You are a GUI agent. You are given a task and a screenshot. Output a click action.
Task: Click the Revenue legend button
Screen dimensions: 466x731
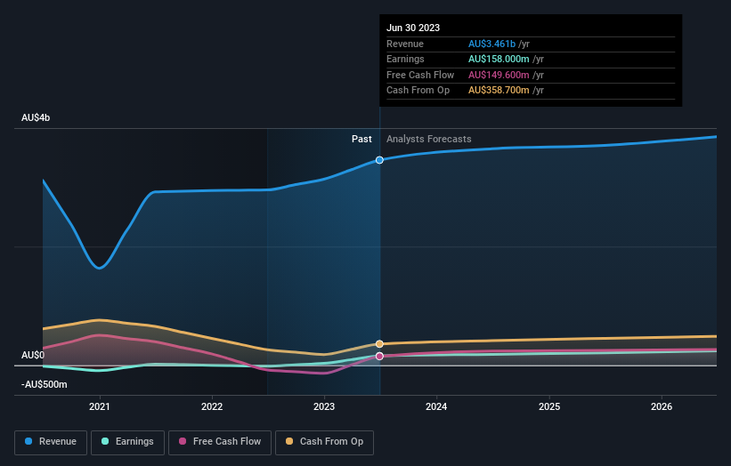[51, 441]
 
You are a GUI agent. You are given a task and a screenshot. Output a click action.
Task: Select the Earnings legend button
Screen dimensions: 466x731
[127, 441]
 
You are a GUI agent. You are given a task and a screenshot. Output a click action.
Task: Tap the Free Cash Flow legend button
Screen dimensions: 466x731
[220, 441]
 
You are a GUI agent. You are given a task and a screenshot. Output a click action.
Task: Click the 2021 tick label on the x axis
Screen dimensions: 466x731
[100, 407]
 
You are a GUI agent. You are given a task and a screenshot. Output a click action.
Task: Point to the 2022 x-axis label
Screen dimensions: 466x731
[212, 407]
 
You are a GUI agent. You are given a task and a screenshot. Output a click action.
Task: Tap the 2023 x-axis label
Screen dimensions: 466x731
[324, 407]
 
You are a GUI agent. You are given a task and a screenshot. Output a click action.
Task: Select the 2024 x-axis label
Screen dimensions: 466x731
[436, 407]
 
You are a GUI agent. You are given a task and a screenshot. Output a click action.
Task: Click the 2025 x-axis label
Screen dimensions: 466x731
[549, 407]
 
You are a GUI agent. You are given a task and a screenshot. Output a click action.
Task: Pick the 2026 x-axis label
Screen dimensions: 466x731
[662, 407]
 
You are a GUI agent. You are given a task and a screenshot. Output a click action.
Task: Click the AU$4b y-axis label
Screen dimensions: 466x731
[37, 118]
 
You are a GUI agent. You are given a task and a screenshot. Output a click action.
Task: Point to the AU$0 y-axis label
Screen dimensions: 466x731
[33, 355]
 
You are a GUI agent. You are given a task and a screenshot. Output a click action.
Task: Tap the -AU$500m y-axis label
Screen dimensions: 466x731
[44, 384]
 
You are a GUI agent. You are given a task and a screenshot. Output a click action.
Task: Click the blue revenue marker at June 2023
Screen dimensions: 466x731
[380, 160]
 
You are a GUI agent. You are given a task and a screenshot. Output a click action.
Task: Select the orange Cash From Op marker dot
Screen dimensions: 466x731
[380, 343]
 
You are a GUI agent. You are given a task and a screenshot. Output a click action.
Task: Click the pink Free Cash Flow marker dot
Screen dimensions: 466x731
[380, 356]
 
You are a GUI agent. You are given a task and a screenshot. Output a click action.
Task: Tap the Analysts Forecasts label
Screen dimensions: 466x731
[428, 139]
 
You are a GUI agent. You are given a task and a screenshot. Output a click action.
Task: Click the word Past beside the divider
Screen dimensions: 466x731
[361, 139]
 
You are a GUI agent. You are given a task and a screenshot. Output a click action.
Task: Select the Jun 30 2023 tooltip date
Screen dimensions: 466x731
[413, 28]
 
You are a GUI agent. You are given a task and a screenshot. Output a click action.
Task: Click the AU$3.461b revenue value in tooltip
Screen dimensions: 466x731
[500, 44]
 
